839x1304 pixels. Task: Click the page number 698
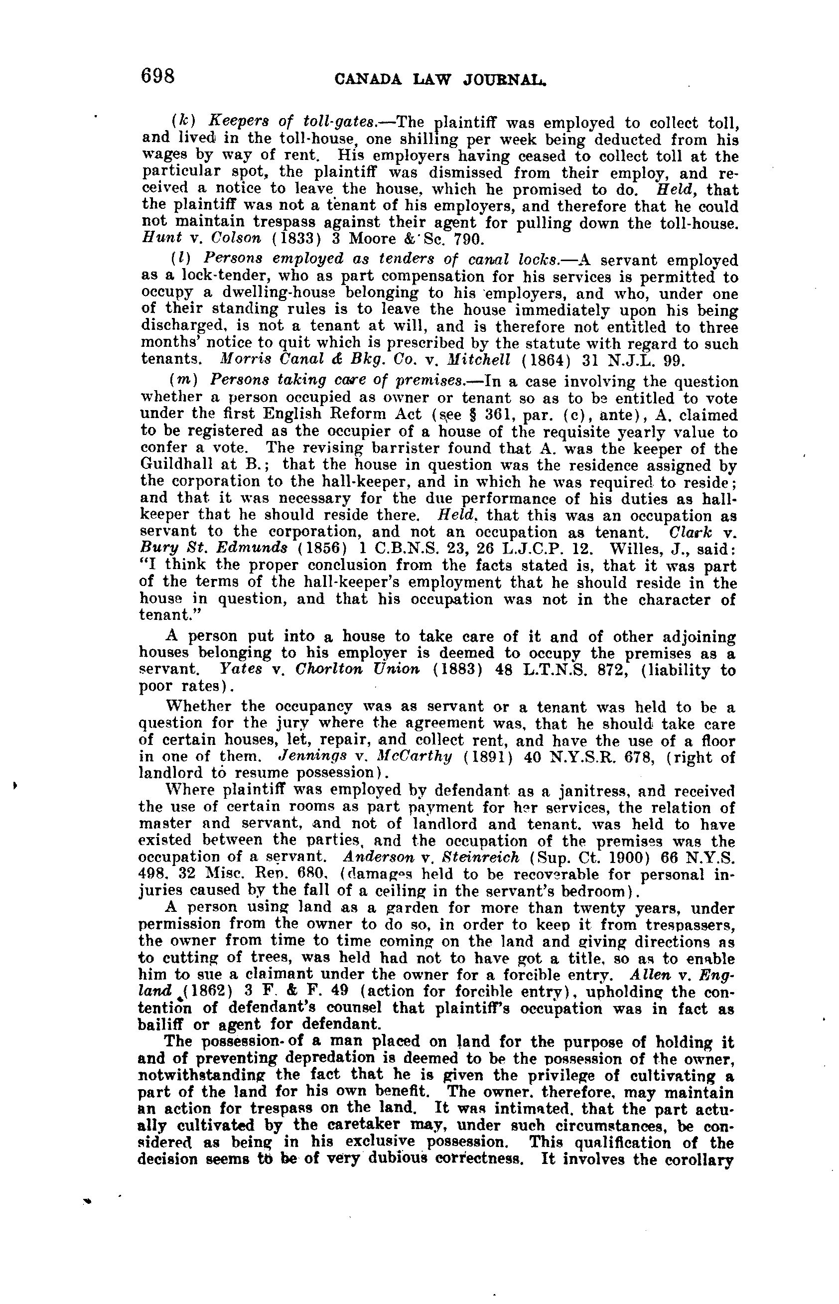pyautogui.click(x=157, y=76)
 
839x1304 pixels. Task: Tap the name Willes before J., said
pyautogui.click(x=635, y=549)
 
